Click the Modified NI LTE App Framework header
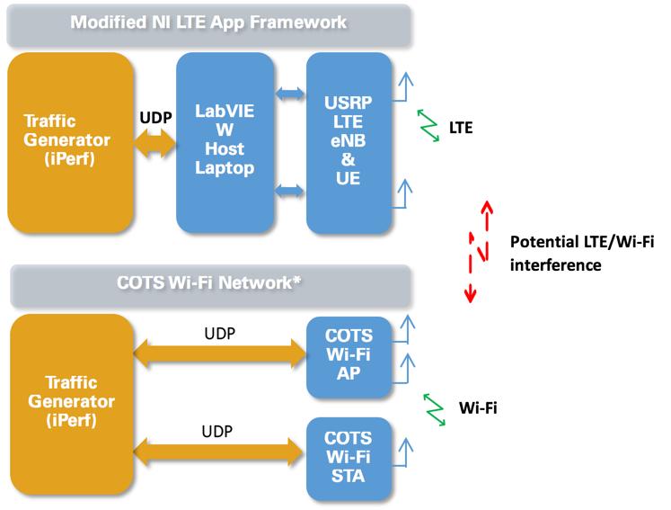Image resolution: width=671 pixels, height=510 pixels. point(209,23)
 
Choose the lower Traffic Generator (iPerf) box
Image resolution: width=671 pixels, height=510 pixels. point(68,399)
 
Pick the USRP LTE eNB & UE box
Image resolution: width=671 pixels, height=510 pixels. point(349,141)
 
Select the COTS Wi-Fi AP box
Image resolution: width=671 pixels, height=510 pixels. point(349,357)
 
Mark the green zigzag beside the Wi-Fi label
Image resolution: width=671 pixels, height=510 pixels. point(433,407)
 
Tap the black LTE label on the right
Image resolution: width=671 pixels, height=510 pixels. point(461,129)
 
